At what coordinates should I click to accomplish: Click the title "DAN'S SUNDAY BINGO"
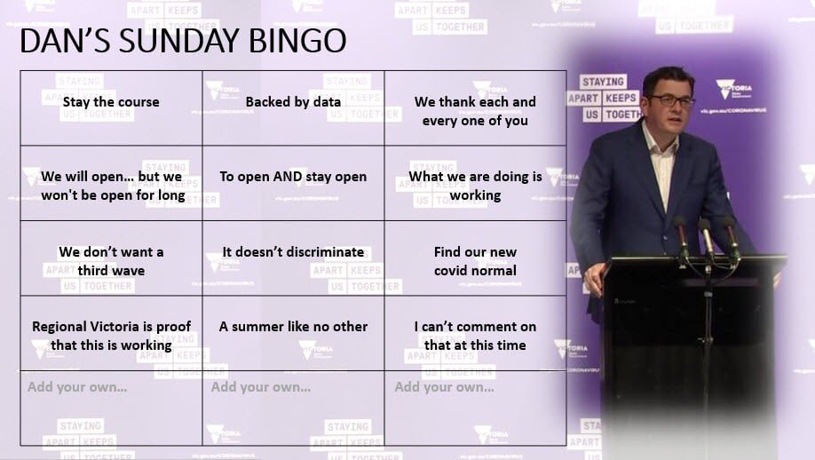pos(182,41)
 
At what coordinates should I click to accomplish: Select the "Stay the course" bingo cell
pos(111,102)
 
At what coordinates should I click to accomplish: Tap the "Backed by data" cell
pos(293,102)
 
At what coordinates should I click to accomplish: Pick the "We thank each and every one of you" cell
pos(475,111)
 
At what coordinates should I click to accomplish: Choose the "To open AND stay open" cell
pos(293,177)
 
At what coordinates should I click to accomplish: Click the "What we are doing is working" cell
pos(475,186)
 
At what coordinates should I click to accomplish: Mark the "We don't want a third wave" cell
pos(111,261)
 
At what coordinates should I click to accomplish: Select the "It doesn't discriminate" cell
pos(293,252)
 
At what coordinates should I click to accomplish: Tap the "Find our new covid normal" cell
pos(475,261)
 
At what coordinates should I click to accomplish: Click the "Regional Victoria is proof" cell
pos(111,336)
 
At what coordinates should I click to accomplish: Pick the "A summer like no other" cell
pos(293,327)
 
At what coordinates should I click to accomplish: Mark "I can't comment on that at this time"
pos(475,336)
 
